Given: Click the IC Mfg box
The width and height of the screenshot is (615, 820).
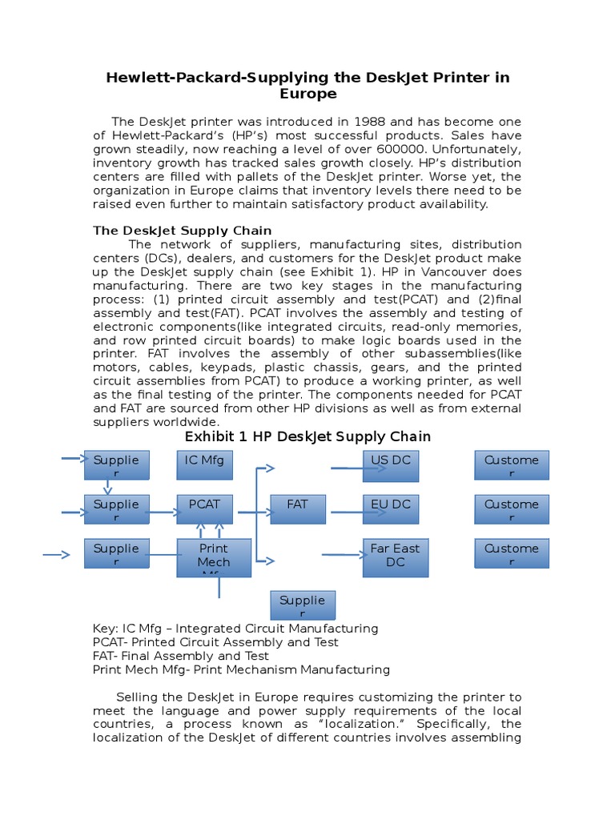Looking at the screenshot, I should coord(204,465).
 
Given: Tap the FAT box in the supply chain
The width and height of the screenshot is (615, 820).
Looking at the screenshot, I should coord(297,509).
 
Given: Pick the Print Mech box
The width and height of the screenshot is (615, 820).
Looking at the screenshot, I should coord(213,557).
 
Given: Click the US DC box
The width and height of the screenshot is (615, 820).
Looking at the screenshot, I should coord(390,465).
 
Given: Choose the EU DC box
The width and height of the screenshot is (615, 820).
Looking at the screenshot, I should coord(390,509).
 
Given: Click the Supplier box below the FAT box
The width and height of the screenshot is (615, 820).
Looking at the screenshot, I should coord(302,605).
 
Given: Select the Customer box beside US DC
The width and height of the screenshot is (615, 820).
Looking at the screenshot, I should coord(512,465).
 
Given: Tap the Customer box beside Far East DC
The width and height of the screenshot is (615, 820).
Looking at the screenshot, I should coord(512,553).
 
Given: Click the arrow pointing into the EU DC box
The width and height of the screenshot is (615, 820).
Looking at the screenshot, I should coord(346,512).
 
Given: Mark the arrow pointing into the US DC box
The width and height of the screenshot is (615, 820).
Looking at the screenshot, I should coord(346,468).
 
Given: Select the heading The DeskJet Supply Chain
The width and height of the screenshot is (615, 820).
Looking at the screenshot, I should coord(183,231).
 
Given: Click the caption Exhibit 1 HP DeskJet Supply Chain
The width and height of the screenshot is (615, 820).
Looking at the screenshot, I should coord(307,436).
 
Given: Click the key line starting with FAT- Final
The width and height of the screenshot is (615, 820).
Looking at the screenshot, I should coord(181,656).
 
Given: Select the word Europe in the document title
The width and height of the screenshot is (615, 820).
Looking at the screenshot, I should coord(307,94).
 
